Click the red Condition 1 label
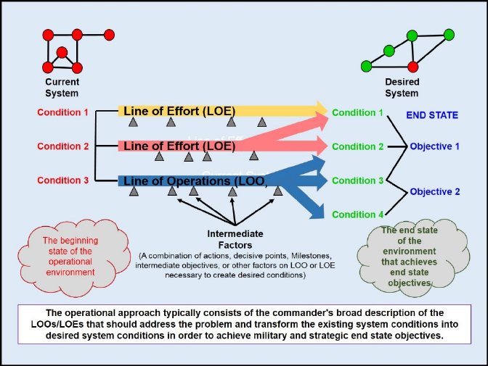(62, 112)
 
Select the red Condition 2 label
(62, 146)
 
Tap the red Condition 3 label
(62, 180)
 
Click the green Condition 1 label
(357, 113)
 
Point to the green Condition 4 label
(357, 214)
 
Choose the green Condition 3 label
(357, 180)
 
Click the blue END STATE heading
(432, 115)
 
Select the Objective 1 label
(435, 146)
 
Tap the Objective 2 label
(435, 192)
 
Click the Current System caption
(62, 88)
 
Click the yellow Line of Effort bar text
(179, 111)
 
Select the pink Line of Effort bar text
(179, 146)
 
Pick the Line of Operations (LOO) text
(194, 180)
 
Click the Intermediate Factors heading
(235, 239)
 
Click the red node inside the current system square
(62, 52)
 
